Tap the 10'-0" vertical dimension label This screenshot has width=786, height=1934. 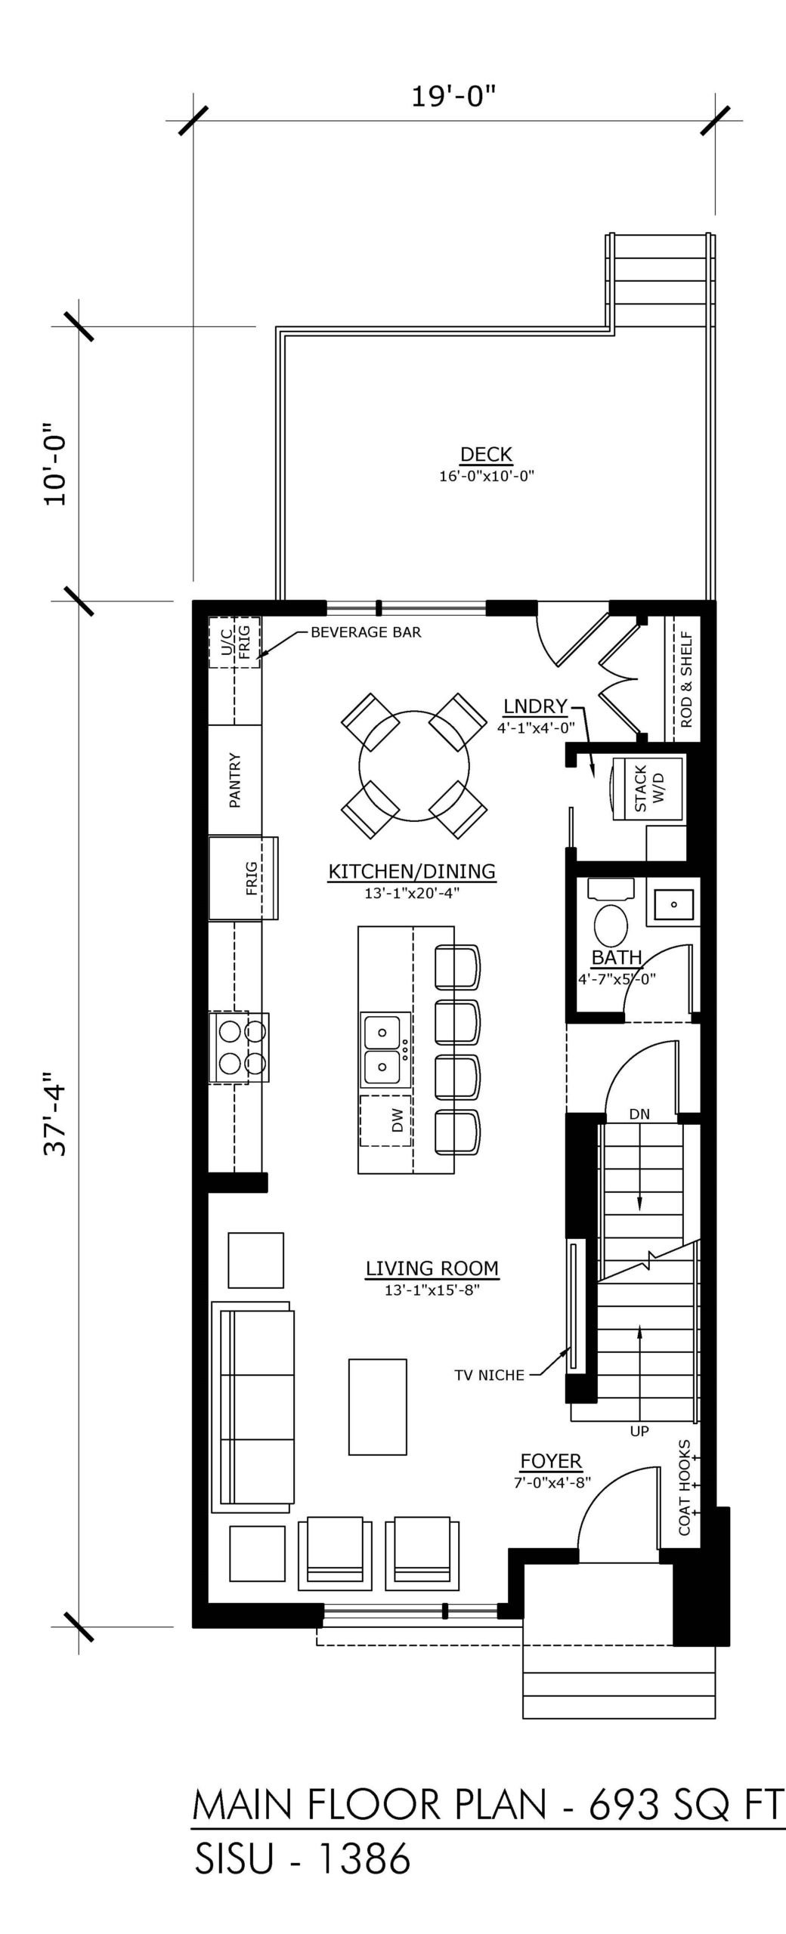[x=57, y=463]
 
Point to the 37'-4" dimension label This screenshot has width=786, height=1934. [x=57, y=1114]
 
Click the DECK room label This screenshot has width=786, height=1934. [x=486, y=454]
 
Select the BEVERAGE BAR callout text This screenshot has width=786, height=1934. [x=366, y=632]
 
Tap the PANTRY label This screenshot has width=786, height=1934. [x=235, y=780]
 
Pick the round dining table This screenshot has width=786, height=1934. [x=414, y=765]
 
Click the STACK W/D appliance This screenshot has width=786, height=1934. [x=647, y=789]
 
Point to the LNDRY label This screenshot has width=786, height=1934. [x=535, y=706]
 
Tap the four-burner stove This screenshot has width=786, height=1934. [x=239, y=1048]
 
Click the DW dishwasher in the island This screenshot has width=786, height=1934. [x=386, y=1120]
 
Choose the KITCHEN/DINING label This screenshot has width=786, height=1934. [x=412, y=871]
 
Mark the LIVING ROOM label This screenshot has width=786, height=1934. [x=432, y=1268]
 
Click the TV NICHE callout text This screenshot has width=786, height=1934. [x=489, y=1375]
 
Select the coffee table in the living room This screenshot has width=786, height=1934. [x=377, y=1407]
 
